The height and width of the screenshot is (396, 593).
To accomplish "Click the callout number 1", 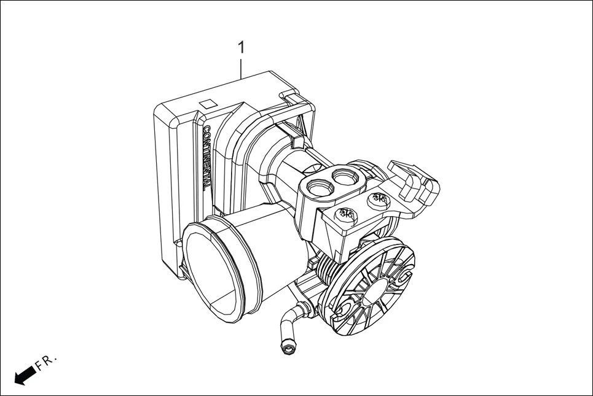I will (242, 47).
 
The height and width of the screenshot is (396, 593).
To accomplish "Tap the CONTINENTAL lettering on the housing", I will (207, 157).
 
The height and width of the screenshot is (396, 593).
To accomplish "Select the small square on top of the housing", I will (209, 104).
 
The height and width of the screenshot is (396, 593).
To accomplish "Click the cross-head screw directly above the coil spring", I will (345, 215).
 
